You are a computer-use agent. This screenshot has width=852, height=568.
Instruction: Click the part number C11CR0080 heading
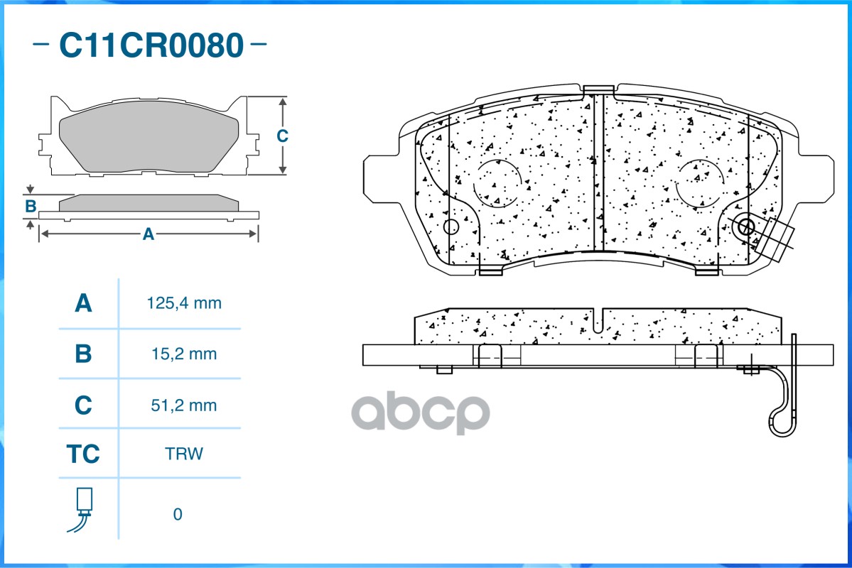coord(151,45)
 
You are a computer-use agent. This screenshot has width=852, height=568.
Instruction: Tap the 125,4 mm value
coord(184,303)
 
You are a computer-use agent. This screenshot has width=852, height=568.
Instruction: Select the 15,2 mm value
coord(184,354)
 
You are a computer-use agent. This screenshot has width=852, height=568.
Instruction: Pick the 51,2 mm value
coord(183,405)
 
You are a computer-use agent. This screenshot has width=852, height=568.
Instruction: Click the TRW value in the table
coord(183,454)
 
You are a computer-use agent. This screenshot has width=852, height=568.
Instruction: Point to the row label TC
coord(83,454)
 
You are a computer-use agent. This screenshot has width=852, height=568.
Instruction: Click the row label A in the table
coord(83,303)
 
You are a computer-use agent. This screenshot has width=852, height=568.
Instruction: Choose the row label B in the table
coord(83,354)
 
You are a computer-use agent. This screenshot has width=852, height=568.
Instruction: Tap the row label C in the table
coord(83,405)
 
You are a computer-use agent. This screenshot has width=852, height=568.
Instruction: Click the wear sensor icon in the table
coord(82,509)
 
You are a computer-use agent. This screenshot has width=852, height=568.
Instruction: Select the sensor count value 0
coord(178,514)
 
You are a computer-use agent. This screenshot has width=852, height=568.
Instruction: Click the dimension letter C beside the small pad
coord(282,135)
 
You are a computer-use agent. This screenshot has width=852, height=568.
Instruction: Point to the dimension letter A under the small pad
coord(149,234)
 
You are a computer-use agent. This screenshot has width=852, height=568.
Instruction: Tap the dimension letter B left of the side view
coord(31,207)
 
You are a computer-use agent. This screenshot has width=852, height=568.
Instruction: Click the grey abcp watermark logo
coord(421,413)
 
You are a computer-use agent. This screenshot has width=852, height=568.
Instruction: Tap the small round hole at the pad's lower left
coord(451,227)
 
